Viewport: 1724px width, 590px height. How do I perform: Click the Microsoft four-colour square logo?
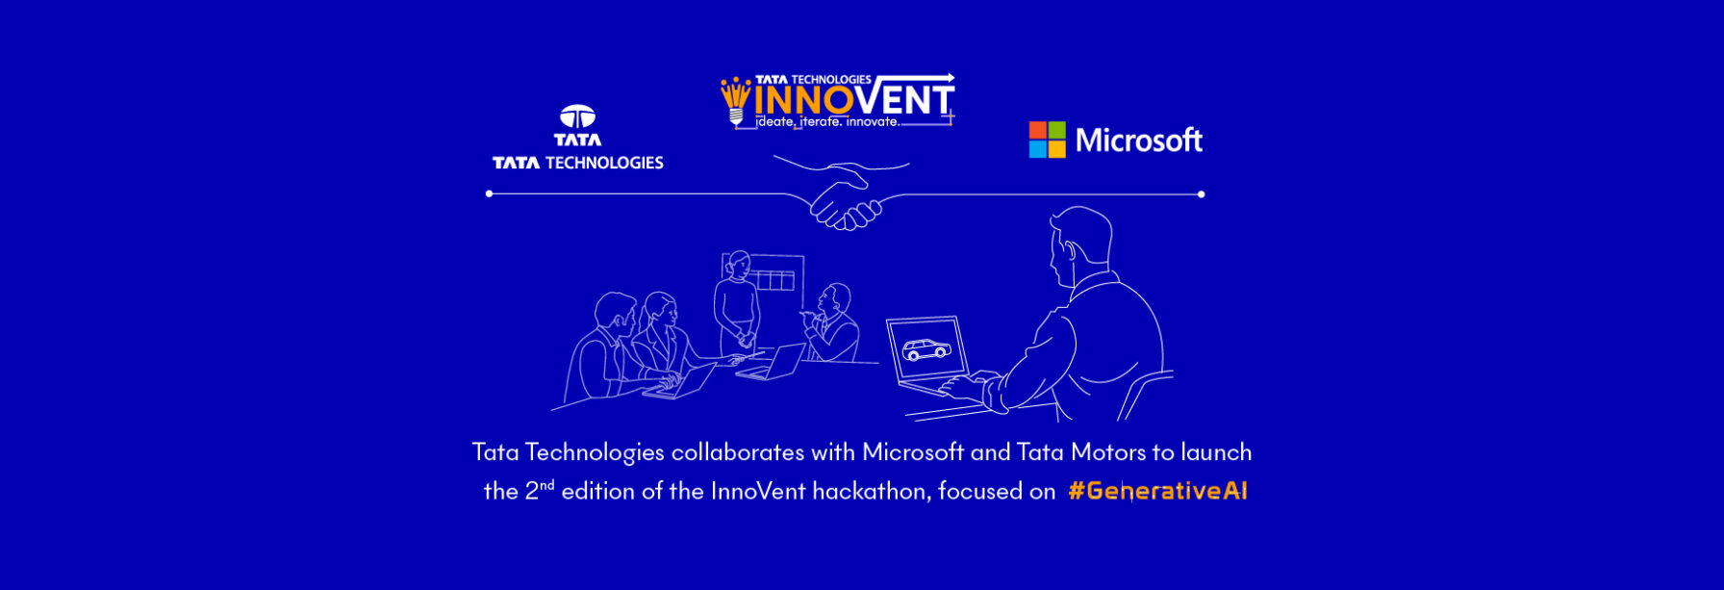pos(1047,140)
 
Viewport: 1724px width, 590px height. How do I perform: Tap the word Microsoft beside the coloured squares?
pos(1139,141)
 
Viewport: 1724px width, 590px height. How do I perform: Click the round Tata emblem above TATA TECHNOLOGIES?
pos(577,116)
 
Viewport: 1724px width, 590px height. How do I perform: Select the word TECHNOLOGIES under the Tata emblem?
pos(604,163)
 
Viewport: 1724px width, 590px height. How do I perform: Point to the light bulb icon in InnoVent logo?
pos(736,100)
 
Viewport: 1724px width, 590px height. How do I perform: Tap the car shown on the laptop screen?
pos(925,350)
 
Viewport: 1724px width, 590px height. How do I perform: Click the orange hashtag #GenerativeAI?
pos(1157,491)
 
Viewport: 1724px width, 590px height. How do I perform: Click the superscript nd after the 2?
pos(546,484)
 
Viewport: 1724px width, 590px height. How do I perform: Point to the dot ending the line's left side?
pos(490,194)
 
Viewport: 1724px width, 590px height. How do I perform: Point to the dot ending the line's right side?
pos(1201,194)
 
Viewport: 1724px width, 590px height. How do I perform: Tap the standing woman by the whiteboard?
pos(737,303)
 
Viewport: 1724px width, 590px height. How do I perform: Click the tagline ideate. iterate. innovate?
pos(827,122)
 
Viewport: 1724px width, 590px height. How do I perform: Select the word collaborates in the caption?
pos(737,451)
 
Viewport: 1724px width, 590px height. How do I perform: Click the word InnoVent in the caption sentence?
pos(757,491)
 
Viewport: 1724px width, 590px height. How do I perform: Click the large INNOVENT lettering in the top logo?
pos(852,100)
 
